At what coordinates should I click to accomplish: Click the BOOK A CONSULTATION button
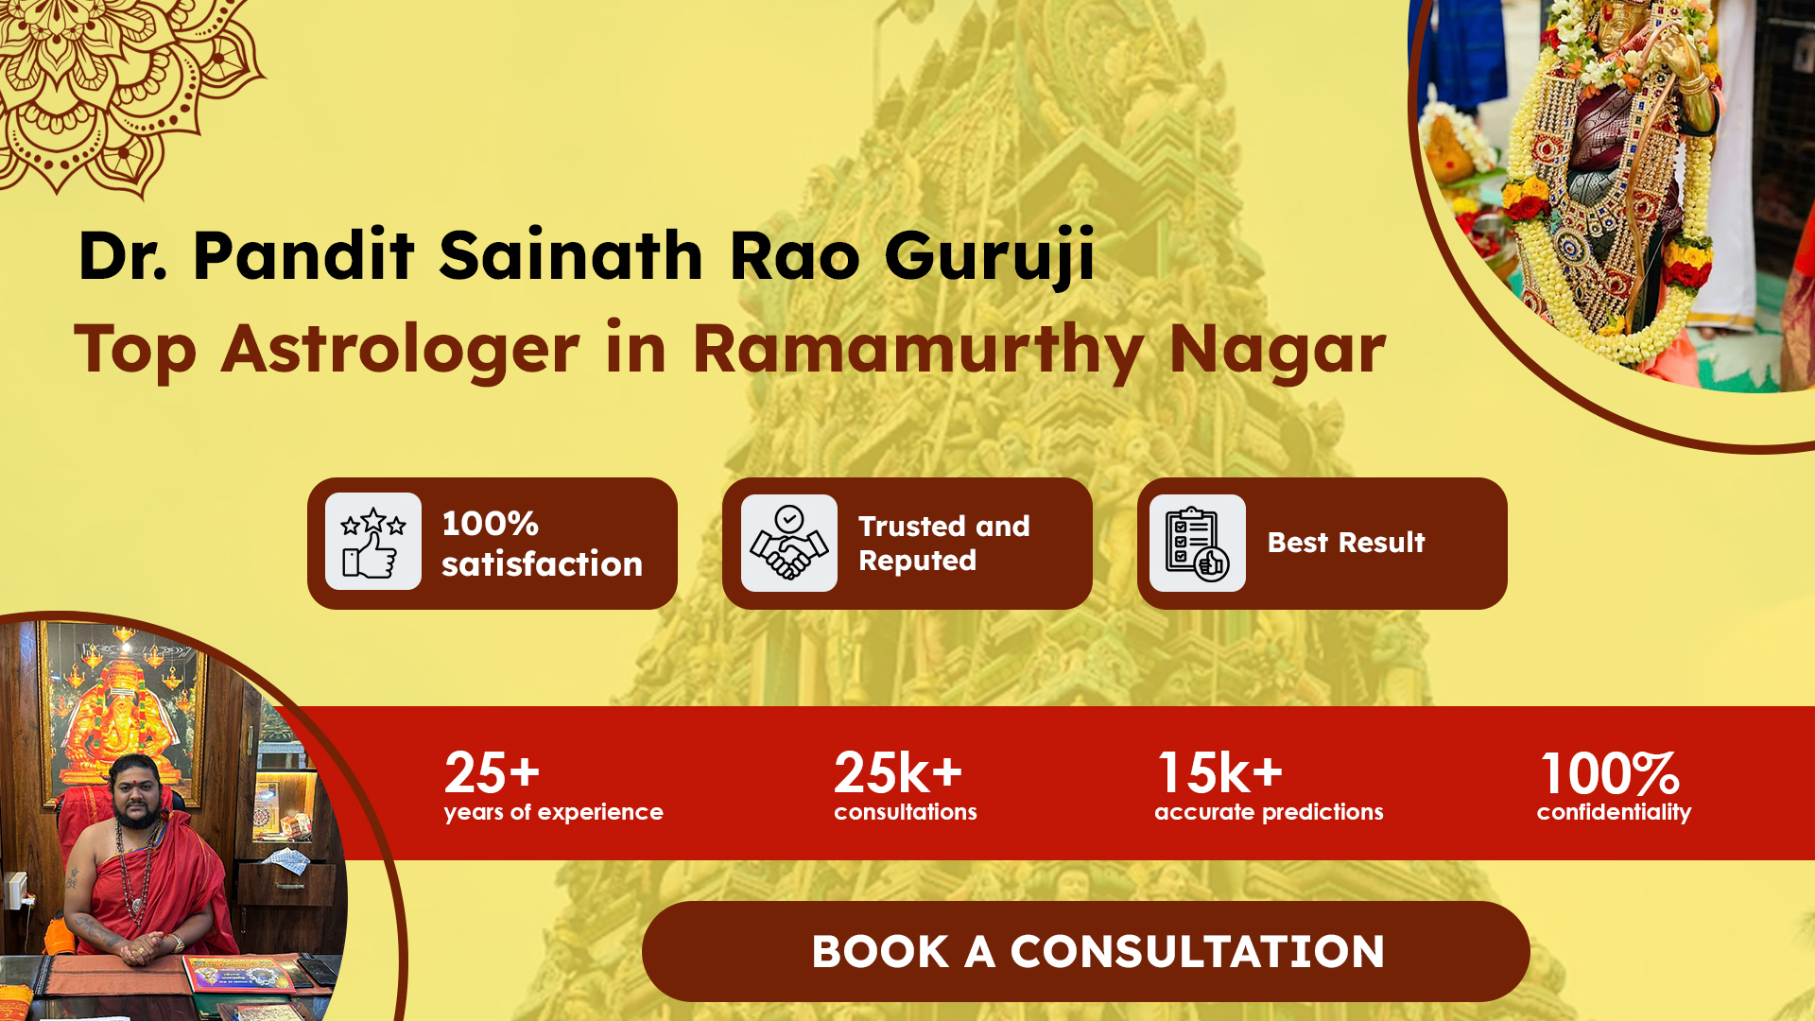[x=1085, y=951]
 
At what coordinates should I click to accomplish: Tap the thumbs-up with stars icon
[x=373, y=542]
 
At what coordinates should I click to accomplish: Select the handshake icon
[x=789, y=543]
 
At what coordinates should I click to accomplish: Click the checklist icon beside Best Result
[x=1198, y=543]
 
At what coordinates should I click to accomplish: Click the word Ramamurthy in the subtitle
[x=919, y=351]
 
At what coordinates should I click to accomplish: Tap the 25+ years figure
[x=492, y=772]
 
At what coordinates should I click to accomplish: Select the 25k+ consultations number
[x=898, y=772]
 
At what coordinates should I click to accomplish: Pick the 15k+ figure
[x=1220, y=772]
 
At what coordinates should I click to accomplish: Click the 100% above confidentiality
[x=1610, y=773]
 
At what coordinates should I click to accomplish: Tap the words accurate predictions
[x=1269, y=812]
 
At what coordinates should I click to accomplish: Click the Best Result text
[x=1346, y=543]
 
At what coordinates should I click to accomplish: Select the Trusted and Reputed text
[x=943, y=544]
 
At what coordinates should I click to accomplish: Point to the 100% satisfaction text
[x=542, y=544]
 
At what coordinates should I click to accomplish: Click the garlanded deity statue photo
[x=1616, y=189]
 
